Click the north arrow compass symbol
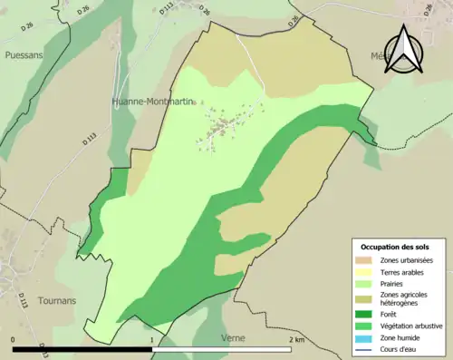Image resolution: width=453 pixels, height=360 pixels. pos(404,50)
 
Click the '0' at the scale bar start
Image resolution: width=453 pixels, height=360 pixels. pos(14,339)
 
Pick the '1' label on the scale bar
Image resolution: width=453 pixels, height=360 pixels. pos(151,339)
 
